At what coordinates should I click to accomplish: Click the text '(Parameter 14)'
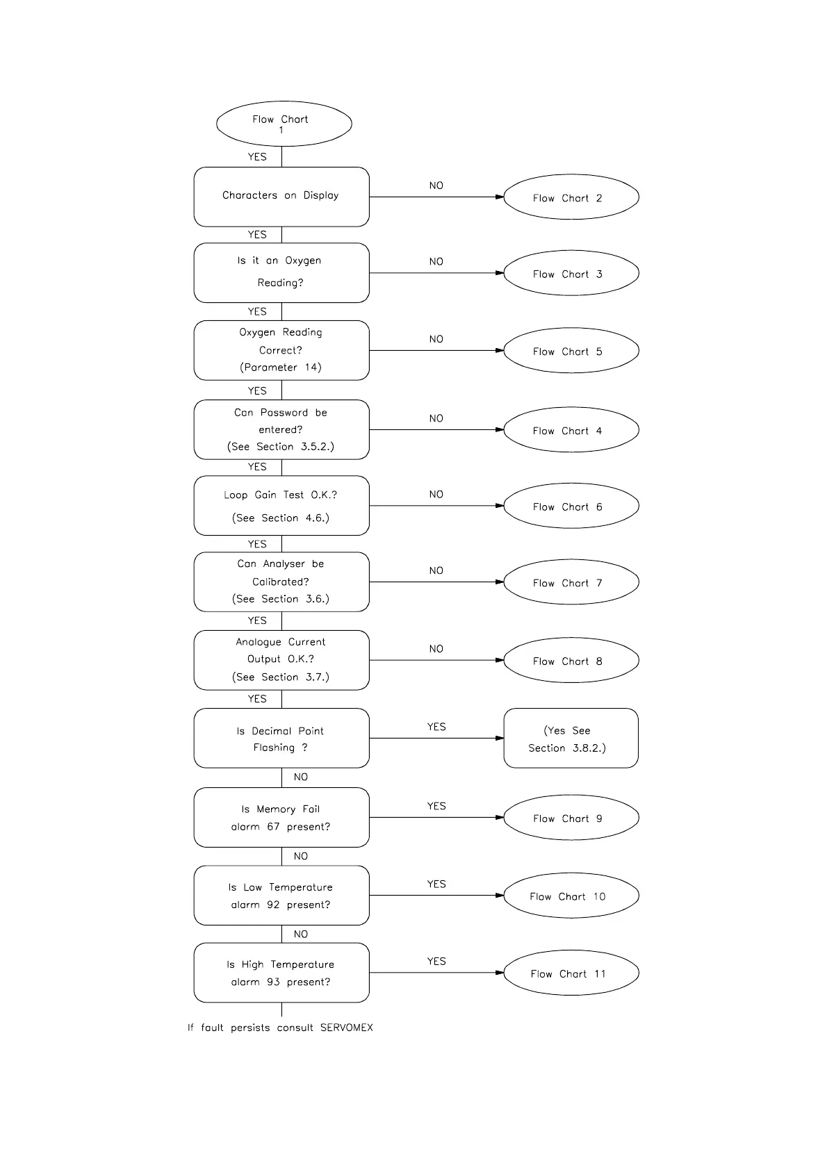[281, 368]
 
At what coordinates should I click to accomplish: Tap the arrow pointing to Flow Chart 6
[436, 506]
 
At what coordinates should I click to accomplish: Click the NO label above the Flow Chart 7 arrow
[436, 570]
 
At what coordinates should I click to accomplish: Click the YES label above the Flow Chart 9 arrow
[436, 806]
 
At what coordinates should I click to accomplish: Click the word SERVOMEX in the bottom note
[346, 1028]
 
